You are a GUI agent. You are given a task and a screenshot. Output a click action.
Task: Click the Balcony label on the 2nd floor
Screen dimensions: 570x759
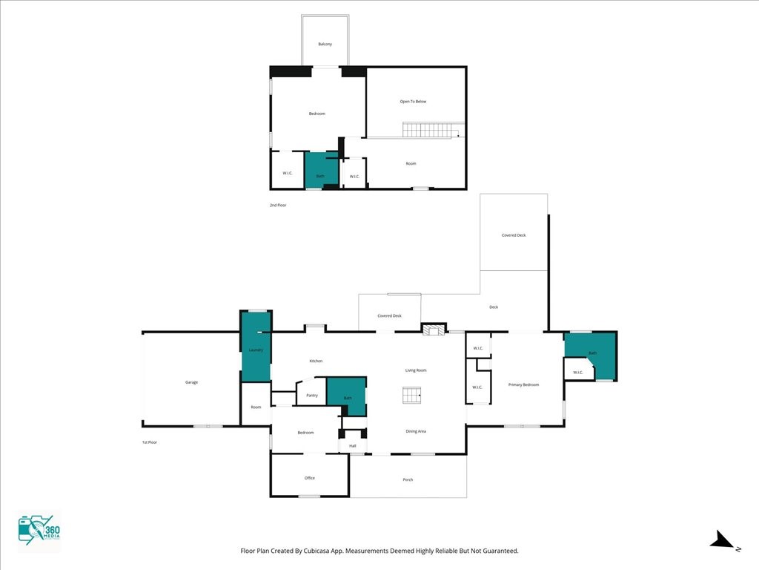click(325, 45)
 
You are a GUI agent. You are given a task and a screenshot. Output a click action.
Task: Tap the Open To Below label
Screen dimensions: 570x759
click(413, 102)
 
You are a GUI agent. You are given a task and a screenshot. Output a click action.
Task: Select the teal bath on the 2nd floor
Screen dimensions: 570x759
click(321, 170)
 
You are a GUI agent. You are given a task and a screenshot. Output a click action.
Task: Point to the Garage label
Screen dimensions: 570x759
click(191, 382)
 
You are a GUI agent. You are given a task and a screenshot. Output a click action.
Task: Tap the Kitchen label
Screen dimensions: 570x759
click(316, 361)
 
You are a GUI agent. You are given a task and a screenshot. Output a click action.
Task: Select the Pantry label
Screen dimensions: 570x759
click(312, 396)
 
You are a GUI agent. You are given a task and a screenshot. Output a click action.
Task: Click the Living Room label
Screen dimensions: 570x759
click(415, 370)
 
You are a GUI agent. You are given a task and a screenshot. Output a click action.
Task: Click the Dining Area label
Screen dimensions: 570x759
click(415, 431)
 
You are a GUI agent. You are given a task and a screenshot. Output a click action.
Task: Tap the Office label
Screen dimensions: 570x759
click(310, 478)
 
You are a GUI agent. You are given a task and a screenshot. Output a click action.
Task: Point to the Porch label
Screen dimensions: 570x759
click(408, 480)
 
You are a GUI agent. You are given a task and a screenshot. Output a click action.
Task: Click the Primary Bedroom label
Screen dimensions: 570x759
click(523, 385)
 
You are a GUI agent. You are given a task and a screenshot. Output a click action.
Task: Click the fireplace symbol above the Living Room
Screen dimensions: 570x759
click(434, 330)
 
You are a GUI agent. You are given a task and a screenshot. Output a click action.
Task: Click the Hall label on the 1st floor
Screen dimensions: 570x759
click(353, 446)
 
